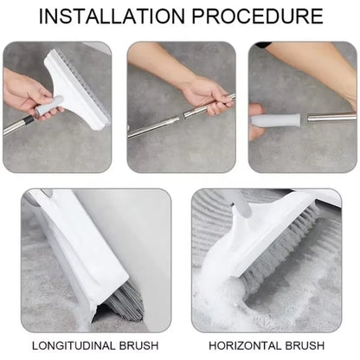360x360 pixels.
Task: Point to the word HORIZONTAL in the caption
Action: click(247, 345)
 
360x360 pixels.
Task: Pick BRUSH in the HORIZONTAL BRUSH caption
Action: click(307, 345)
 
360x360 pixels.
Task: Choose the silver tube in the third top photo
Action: click(333, 116)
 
